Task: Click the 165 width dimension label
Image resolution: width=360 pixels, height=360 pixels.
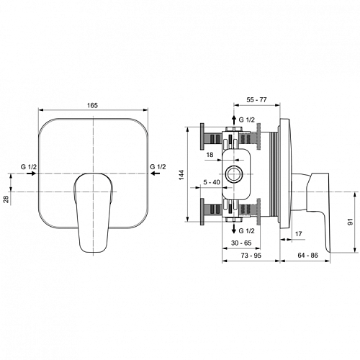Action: pyautogui.click(x=92, y=105)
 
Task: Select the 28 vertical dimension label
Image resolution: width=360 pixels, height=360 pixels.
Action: pyautogui.click(x=6, y=199)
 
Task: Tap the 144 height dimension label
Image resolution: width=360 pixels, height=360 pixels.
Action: pyautogui.click(x=181, y=175)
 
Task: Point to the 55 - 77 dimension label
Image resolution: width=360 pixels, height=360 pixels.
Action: pyautogui.click(x=256, y=99)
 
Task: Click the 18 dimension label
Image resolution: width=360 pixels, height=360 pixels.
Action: pyautogui.click(x=210, y=155)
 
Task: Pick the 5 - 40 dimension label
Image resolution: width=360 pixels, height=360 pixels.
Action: pyautogui.click(x=212, y=182)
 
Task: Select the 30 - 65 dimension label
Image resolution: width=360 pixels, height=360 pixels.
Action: pyautogui.click(x=241, y=243)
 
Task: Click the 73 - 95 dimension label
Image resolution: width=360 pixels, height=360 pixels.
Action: pyautogui.click(x=251, y=256)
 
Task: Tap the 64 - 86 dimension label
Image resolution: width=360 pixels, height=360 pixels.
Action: pyautogui.click(x=307, y=255)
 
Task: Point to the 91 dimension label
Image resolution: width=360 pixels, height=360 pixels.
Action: pyautogui.click(x=350, y=222)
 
